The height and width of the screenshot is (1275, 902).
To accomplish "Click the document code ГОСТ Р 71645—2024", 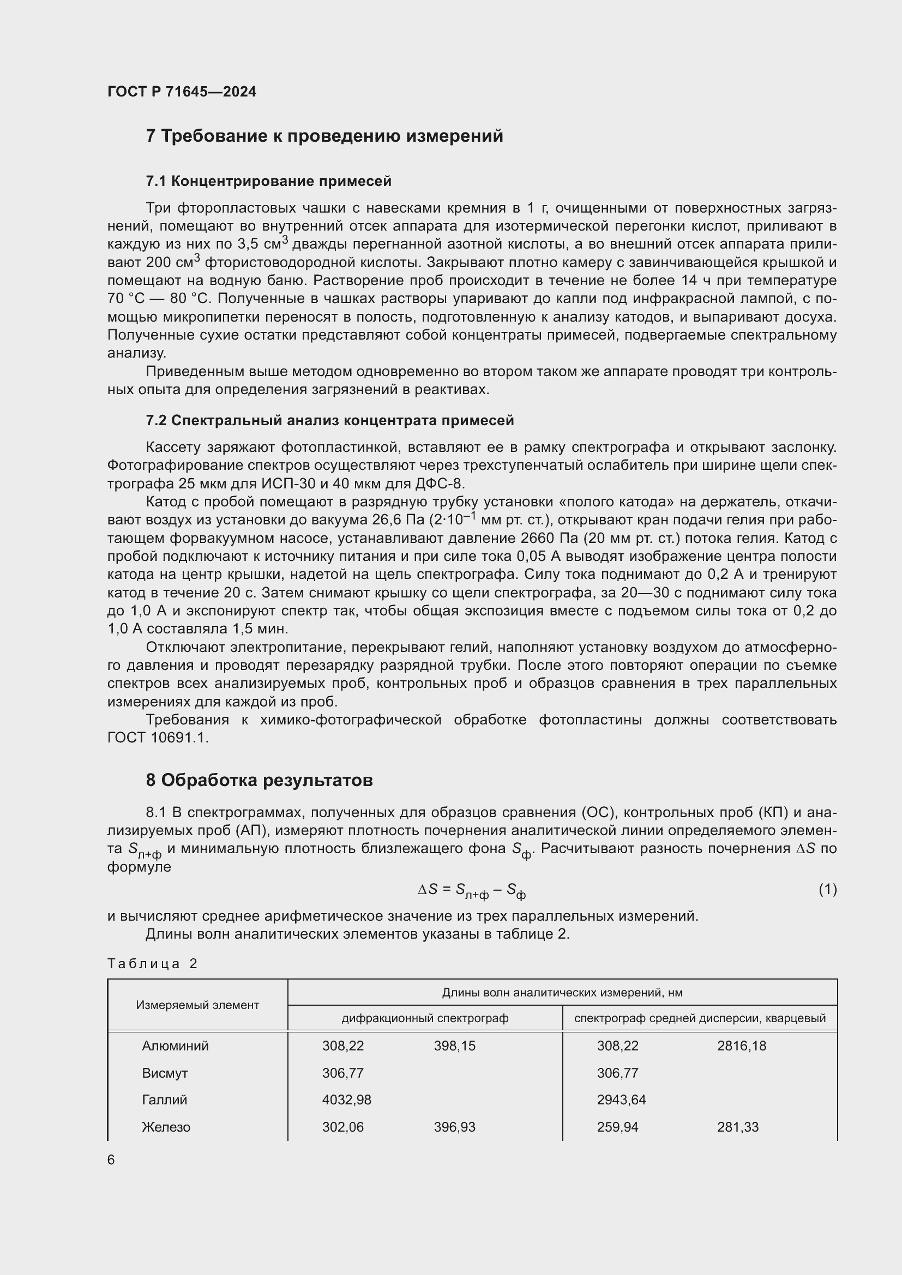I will click(182, 92).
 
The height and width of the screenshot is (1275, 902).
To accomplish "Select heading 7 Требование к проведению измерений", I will click(324, 136).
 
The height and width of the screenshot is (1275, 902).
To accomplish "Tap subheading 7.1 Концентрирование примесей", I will click(268, 181).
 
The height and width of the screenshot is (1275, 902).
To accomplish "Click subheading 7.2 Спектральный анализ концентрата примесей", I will click(329, 420).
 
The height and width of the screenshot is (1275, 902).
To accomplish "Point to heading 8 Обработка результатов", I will click(259, 780).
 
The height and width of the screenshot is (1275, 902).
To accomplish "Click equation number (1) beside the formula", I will click(827, 889).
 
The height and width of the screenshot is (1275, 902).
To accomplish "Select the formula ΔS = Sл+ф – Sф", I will click(472, 890).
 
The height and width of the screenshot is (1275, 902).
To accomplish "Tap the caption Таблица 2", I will click(152, 963).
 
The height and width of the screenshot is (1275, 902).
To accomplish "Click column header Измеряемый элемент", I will click(197, 1005).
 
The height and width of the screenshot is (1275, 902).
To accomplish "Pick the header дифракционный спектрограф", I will click(424, 1018).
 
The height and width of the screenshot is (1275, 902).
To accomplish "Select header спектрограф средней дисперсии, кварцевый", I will click(699, 1018).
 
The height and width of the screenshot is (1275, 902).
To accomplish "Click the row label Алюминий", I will click(175, 1046).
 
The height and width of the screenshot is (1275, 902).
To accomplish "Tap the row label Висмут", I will click(164, 1073).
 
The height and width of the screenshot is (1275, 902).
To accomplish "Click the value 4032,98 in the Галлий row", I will click(347, 1099).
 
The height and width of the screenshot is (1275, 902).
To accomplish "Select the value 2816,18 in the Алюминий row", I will click(741, 1046).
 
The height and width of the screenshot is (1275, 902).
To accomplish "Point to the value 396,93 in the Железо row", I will click(454, 1127).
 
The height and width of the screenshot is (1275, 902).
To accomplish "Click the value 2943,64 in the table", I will click(621, 1099).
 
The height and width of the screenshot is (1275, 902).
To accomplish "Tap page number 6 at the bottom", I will click(111, 1160).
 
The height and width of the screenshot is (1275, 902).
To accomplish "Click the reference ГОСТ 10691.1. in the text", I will click(158, 738).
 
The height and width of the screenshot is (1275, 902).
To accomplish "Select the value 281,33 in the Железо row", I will click(738, 1127).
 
